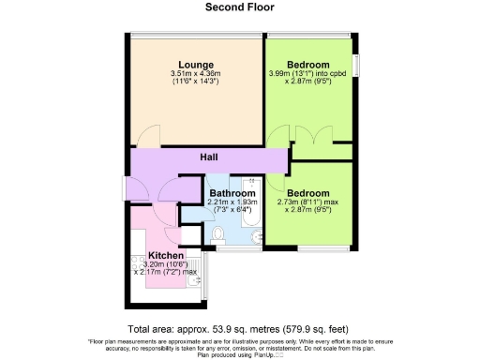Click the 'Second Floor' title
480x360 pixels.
point(239,7)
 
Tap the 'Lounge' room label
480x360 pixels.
point(194,65)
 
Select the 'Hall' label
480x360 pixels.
point(209,157)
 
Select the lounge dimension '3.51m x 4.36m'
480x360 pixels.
point(194,74)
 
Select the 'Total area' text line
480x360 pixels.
point(239,329)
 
